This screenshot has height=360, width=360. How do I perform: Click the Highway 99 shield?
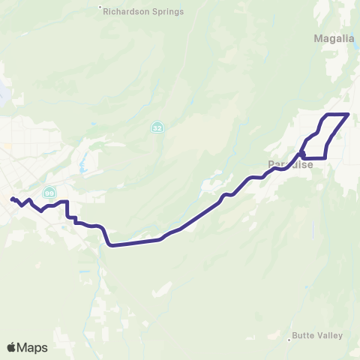click(x=49, y=193)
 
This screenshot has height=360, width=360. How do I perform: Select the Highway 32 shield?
click(x=156, y=127)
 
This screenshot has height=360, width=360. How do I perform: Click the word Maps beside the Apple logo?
click(x=33, y=347)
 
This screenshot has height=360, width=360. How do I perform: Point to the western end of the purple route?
click(x=12, y=199)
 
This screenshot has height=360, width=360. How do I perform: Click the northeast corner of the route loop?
click(x=349, y=114)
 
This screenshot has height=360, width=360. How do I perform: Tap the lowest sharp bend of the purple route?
click(x=112, y=244)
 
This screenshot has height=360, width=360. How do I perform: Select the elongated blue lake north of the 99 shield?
click(x=82, y=159)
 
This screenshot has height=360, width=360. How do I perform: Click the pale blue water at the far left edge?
click(x=2, y=94)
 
